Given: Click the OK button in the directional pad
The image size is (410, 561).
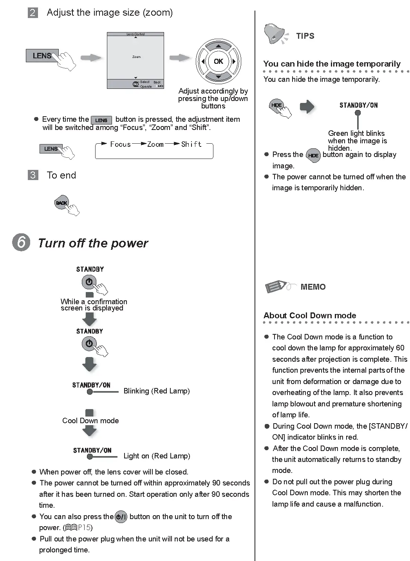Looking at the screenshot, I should [x=218, y=61].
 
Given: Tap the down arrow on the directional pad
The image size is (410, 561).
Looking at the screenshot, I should [x=218, y=76].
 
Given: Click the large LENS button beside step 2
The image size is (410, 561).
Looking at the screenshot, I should [x=42, y=56].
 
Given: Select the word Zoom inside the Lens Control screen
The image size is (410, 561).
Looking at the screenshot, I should [x=136, y=57].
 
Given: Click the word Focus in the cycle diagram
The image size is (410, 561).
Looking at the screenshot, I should [x=120, y=144].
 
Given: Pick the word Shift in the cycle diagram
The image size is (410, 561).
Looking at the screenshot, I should [x=191, y=144].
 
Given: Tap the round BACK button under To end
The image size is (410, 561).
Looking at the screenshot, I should [x=61, y=203].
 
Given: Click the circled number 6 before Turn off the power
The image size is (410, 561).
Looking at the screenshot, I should [x=21, y=242].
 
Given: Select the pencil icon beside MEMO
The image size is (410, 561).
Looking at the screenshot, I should [x=277, y=286].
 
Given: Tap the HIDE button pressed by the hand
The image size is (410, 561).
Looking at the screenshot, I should [x=276, y=105].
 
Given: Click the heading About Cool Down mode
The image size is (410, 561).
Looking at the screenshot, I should [x=309, y=316].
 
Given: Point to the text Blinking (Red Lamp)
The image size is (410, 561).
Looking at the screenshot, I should [x=156, y=391].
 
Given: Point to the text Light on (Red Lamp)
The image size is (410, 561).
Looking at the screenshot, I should [x=157, y=456].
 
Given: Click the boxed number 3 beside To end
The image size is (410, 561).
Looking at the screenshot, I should [x=33, y=175].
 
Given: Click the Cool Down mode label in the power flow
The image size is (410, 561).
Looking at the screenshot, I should [x=90, y=420].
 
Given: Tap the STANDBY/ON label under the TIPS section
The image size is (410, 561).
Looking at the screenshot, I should [x=358, y=105].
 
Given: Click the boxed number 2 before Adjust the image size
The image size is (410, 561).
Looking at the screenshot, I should [x=33, y=13].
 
